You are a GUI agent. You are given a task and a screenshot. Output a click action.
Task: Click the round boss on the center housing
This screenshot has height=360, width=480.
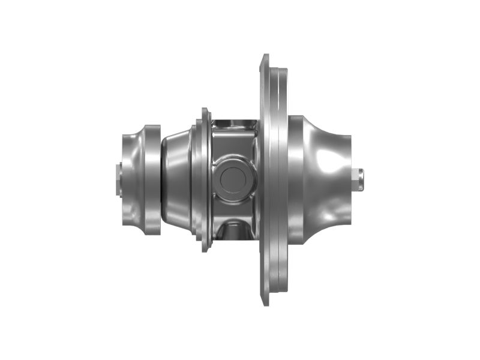click(x=231, y=179)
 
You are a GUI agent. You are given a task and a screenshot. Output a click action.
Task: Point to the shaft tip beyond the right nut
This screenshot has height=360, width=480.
click(x=365, y=179)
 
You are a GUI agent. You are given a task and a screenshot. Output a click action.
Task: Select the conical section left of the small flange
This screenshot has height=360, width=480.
click(x=178, y=179)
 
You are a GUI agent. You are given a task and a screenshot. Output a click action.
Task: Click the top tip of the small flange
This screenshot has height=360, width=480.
click(x=205, y=110)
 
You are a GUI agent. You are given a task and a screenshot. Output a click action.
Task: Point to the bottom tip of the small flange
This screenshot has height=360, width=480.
click(x=205, y=248)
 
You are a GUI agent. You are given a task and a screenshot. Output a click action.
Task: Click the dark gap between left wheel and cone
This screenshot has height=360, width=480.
click(x=163, y=179)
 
